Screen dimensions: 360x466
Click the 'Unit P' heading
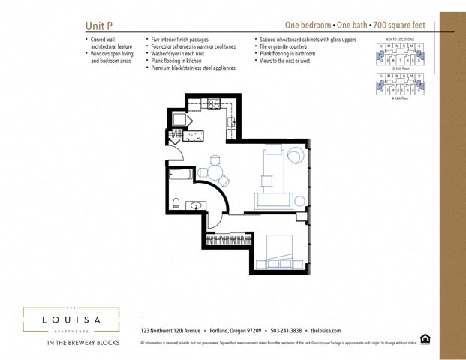[x=99, y=25]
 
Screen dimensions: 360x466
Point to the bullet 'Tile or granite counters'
[x=288, y=46]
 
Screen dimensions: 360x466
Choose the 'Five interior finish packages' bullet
[x=180, y=39]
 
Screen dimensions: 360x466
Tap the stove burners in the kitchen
[x=214, y=104]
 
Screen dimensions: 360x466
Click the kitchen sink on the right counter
[x=232, y=121]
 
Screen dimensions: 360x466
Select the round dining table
[x=215, y=171]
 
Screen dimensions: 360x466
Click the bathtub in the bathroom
[x=181, y=176]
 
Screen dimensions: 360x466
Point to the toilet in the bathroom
[x=176, y=203]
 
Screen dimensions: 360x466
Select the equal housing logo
[x=425, y=338]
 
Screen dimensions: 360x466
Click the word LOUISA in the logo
[x=71, y=320]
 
